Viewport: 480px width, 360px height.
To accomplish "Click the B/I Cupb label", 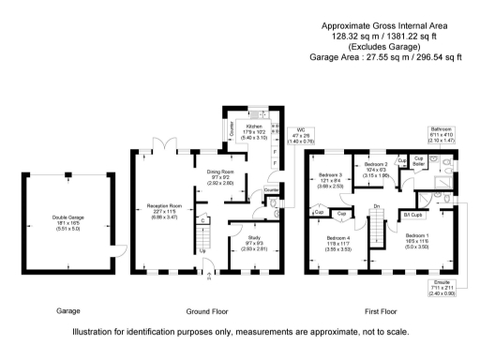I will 412,215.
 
